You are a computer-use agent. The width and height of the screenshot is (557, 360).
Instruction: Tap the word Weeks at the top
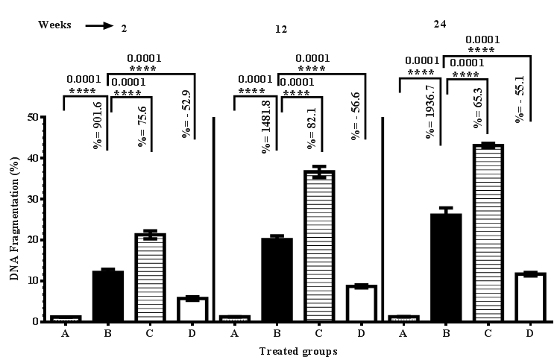click(55, 25)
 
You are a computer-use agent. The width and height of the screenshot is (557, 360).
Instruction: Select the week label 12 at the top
click(280, 29)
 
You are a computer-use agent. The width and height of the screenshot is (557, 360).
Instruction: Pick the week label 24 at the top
click(440, 23)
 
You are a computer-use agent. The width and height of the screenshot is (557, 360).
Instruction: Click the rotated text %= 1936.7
click(430, 112)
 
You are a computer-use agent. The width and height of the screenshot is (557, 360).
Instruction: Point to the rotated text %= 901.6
click(98, 124)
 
